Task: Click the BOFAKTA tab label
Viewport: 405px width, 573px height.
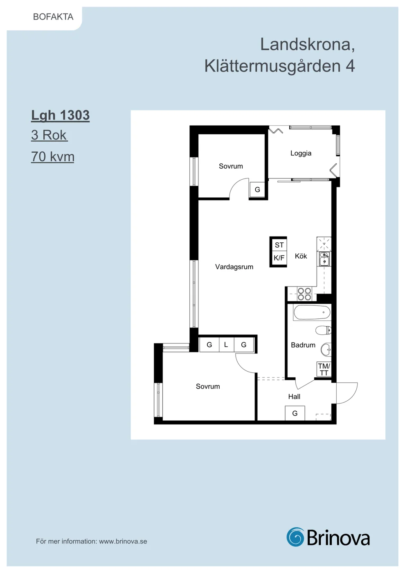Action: click(x=53, y=17)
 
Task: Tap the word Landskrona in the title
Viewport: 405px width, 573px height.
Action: click(x=307, y=44)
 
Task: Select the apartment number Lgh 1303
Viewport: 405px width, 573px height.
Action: click(x=61, y=115)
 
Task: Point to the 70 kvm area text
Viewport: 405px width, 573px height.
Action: click(x=53, y=156)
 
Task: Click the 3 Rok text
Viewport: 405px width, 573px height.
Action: click(x=49, y=135)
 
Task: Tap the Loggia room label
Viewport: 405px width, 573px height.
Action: click(x=301, y=153)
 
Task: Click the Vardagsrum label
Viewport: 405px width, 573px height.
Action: click(x=234, y=267)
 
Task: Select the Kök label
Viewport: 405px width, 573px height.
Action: click(x=301, y=256)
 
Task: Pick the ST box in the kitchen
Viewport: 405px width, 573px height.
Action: click(x=279, y=245)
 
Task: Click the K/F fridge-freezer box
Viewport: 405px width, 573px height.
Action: click(x=279, y=258)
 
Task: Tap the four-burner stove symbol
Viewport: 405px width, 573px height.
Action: click(x=304, y=294)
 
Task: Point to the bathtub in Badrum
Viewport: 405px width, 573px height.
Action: click(x=312, y=312)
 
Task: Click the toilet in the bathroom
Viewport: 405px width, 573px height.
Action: click(x=323, y=330)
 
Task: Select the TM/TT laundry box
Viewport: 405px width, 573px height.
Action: click(x=324, y=369)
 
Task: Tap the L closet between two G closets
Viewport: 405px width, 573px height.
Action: click(x=226, y=345)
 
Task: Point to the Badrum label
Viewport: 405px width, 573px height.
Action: click(x=303, y=345)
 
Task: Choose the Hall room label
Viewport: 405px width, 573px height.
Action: click(x=294, y=397)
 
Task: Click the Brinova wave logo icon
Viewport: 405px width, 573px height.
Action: click(x=295, y=537)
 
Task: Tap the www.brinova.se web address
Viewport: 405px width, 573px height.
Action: click(x=123, y=541)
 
